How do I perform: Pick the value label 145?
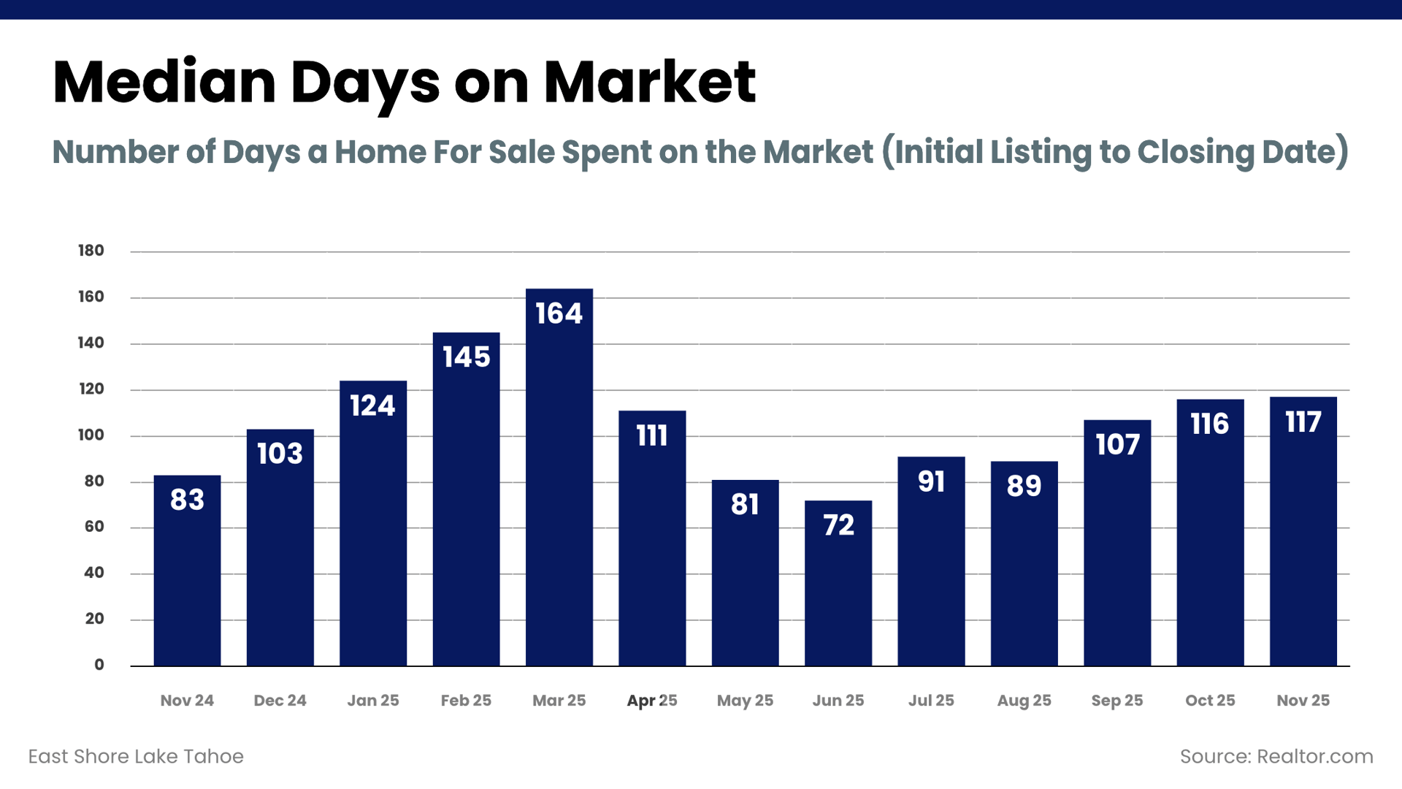tap(467, 357)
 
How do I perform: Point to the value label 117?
tap(1303, 422)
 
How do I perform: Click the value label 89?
tap(1024, 486)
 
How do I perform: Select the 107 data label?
tap(1117, 445)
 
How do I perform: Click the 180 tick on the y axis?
tap(91, 251)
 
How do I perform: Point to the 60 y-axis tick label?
tap(94, 527)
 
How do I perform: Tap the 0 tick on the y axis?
tap(99, 665)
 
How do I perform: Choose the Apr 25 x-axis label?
tap(652, 701)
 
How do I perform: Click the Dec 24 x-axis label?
tap(280, 701)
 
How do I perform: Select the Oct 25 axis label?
tap(1210, 701)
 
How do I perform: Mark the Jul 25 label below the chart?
tap(931, 701)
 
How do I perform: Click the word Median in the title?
tap(164, 82)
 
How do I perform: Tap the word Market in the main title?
tap(649, 82)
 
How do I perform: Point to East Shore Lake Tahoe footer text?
tap(136, 756)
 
